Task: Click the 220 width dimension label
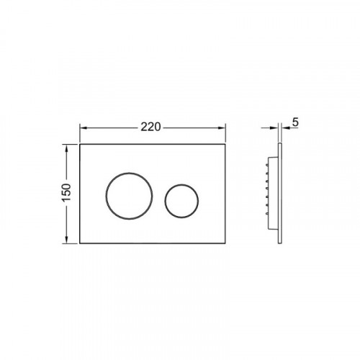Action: [150, 127]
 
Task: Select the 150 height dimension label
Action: [67, 193]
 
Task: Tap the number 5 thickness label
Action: [295, 122]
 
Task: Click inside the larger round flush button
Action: [129, 196]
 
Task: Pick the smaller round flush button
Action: [181, 201]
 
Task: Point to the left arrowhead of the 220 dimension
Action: [83, 128]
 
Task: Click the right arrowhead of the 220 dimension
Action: [222, 128]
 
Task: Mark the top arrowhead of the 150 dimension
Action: [67, 148]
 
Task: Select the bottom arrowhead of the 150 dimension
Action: [67, 240]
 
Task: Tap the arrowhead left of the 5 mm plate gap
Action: [274, 128]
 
